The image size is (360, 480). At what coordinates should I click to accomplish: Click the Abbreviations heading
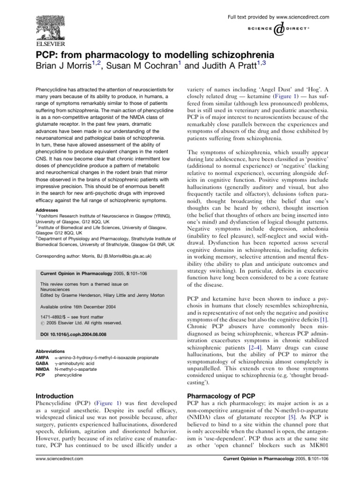52,351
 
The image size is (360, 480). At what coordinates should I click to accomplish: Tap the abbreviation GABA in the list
43,363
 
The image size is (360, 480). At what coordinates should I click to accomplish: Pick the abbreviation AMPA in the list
43,357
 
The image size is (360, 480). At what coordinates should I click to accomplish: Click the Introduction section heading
54,396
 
